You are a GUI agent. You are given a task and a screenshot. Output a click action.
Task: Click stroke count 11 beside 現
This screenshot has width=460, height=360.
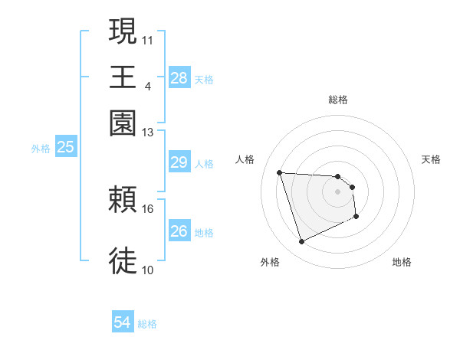point(148,38)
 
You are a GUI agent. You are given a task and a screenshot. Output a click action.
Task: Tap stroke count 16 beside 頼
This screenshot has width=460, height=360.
point(148,208)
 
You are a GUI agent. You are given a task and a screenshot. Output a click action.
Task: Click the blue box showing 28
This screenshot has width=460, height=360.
point(179,78)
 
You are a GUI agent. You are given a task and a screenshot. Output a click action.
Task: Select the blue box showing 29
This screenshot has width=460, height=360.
point(179,162)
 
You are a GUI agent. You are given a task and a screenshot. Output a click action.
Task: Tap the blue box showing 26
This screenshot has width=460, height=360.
point(179,231)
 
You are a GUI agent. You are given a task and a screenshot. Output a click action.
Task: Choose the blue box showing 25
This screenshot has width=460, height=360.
point(65,147)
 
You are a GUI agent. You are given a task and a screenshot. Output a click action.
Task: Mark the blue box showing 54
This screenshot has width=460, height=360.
point(122,323)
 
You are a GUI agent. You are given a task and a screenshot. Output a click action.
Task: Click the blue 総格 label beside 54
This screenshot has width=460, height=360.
point(147,324)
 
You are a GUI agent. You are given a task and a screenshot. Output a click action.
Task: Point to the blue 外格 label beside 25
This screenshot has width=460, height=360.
point(40,149)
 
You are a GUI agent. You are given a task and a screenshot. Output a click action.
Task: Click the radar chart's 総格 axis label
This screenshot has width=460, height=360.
point(337,100)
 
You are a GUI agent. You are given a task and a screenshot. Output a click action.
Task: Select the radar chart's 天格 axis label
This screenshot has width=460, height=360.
point(431,159)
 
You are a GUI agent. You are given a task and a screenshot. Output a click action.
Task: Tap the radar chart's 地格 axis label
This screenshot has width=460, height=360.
point(402,262)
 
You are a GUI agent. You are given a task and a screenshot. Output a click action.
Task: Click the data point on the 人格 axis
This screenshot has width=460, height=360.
point(280,172)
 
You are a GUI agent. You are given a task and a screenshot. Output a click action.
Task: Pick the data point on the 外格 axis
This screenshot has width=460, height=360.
point(301,242)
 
